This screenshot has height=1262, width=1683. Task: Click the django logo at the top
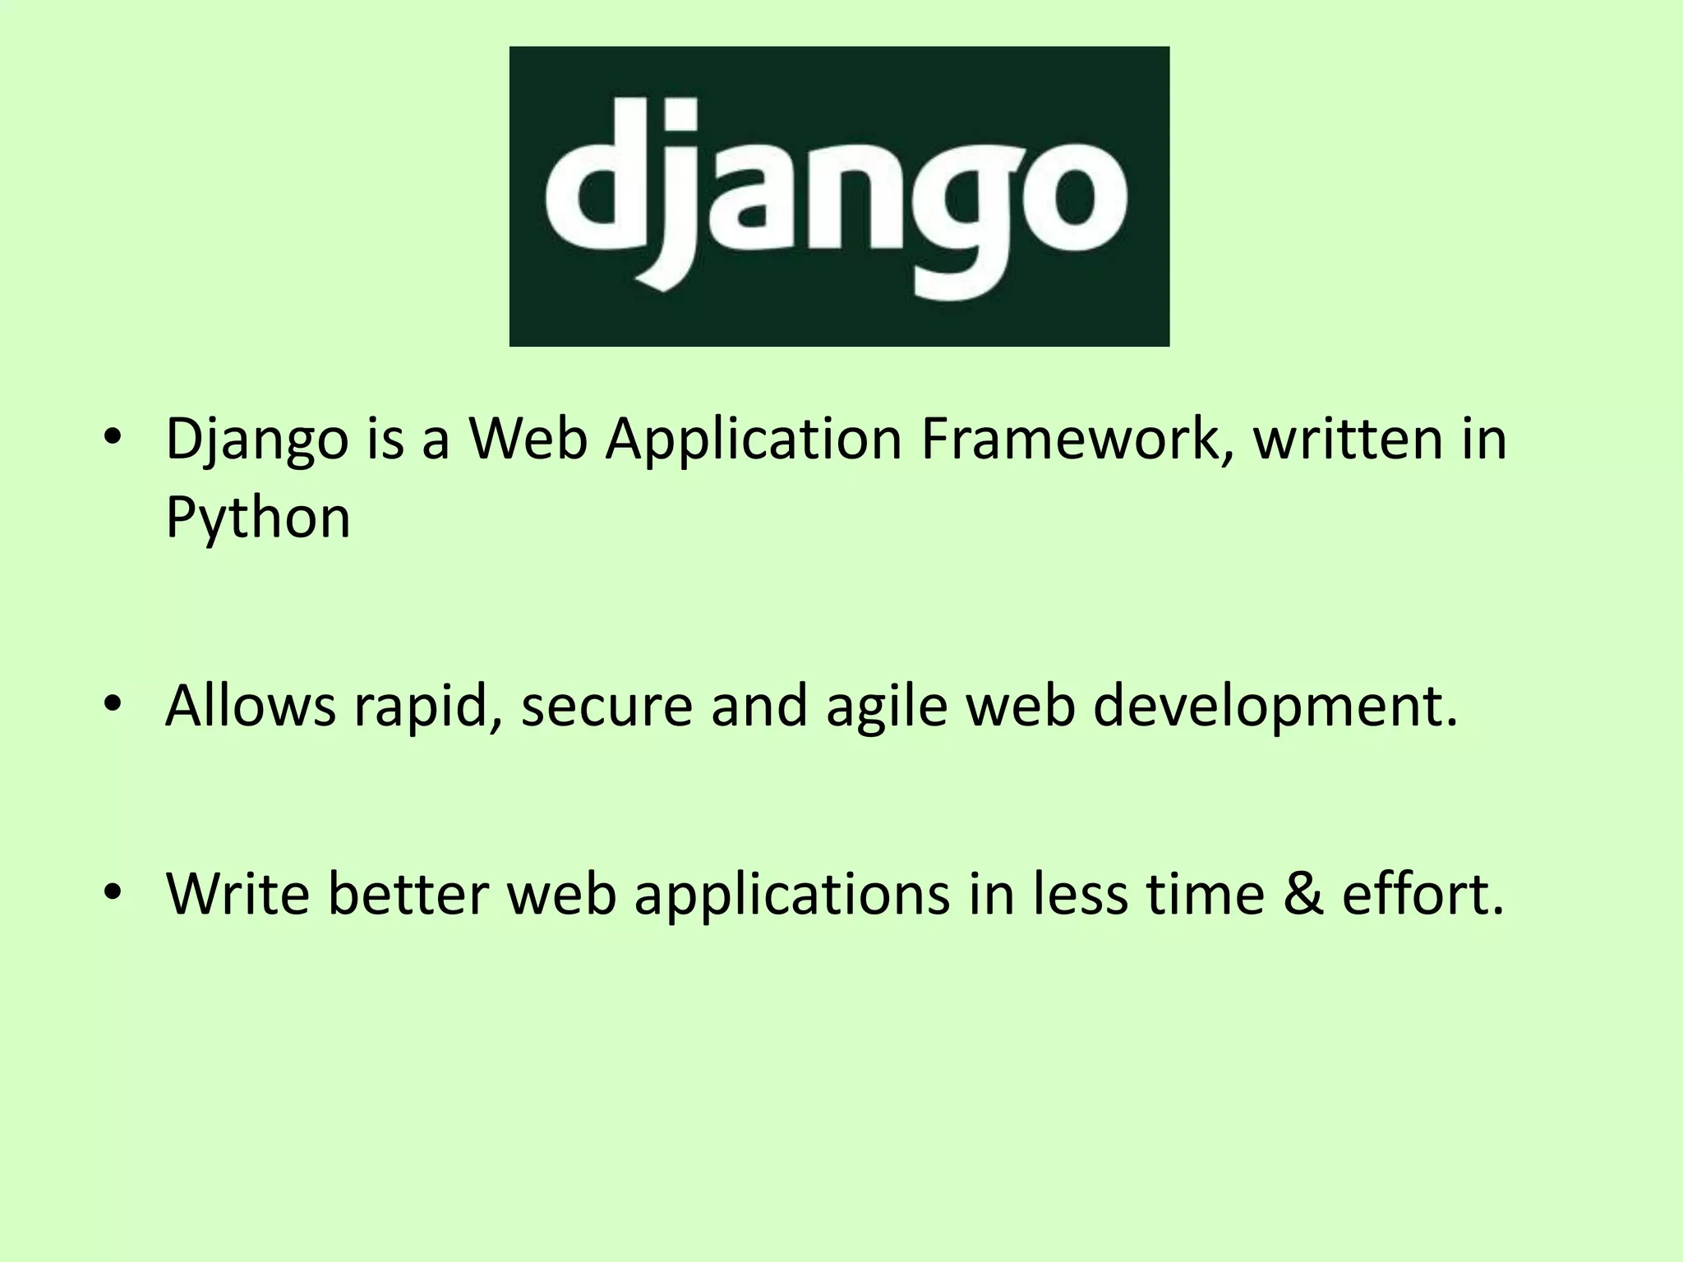click(x=839, y=196)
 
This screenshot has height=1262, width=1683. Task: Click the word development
click(x=1275, y=707)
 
